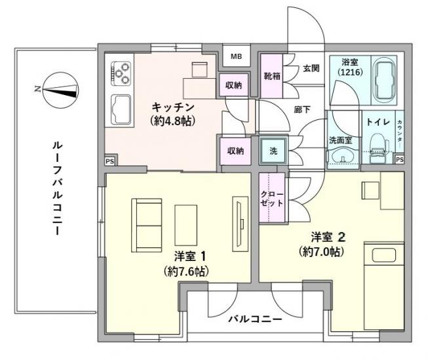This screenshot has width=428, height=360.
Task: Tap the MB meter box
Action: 236,57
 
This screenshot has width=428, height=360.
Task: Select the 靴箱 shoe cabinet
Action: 272,76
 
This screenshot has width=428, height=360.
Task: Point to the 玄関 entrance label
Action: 311,68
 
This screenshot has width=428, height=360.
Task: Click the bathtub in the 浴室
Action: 385,81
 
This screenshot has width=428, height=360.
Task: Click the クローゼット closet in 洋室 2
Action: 272,199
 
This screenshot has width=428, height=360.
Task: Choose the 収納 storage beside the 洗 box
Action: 235,151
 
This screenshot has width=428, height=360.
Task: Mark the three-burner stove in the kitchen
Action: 122,72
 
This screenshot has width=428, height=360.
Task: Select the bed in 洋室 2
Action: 383,285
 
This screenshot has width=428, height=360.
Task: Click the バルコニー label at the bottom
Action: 255,320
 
